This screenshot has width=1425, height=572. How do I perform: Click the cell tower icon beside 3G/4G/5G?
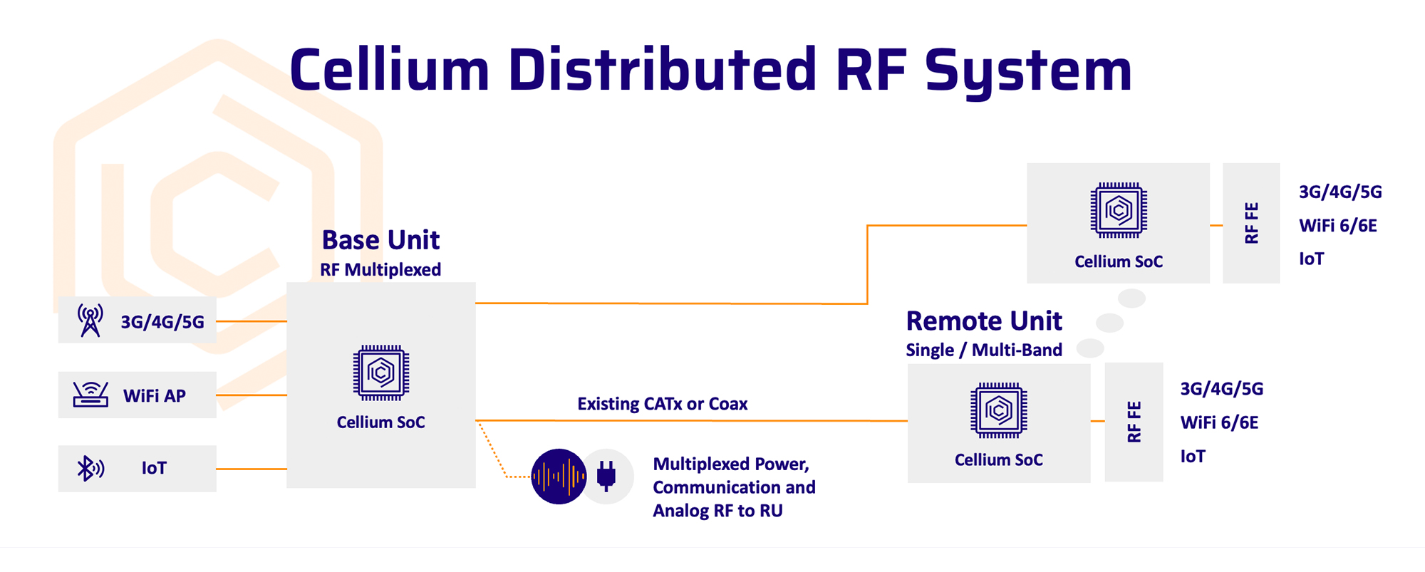pyautogui.click(x=90, y=321)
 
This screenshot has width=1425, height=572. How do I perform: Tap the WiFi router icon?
pyautogui.click(x=90, y=394)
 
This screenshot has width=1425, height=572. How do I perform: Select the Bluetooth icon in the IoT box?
pyautogui.click(x=90, y=468)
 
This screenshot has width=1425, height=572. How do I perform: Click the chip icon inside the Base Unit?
pyautogui.click(x=381, y=373)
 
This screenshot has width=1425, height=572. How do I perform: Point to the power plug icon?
pyautogui.click(x=606, y=476)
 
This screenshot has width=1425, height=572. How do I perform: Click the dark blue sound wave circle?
pyautogui.click(x=559, y=476)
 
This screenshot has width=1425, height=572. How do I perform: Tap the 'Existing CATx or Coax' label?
pyautogui.click(x=663, y=404)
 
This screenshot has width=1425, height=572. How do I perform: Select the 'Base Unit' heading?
pyautogui.click(x=380, y=240)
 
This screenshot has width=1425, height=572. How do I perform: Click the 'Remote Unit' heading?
pyautogui.click(x=984, y=321)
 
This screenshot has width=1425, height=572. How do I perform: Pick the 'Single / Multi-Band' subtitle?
pyautogui.click(x=984, y=350)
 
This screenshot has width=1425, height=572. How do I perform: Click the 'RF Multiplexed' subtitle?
pyautogui.click(x=380, y=270)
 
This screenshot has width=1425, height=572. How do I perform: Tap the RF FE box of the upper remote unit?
pyautogui.click(x=1251, y=223)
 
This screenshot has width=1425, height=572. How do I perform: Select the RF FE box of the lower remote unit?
pyautogui.click(x=1134, y=422)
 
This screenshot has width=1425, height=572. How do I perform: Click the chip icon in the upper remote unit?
pyautogui.click(x=1119, y=210)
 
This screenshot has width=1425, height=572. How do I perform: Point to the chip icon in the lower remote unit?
pyautogui.click(x=999, y=410)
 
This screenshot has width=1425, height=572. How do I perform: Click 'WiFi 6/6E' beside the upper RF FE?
pyautogui.click(x=1338, y=226)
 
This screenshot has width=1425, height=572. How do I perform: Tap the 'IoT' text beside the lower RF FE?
pyautogui.click(x=1193, y=457)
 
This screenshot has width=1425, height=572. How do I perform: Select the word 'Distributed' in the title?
pyautogui.click(x=662, y=70)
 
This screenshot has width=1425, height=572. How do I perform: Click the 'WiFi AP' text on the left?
pyautogui.click(x=155, y=396)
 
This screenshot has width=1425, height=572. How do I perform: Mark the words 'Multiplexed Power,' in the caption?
pyautogui.click(x=731, y=464)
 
